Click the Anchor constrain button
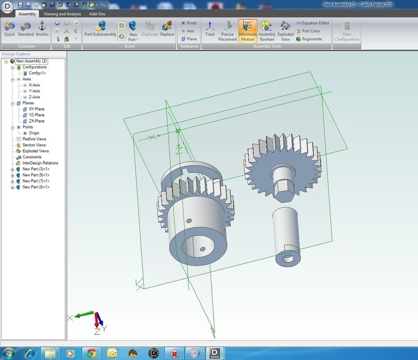point(42,29)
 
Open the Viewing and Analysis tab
point(62,14)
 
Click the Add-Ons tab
point(97,14)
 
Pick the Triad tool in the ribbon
point(210,29)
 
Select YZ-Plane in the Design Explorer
point(36,115)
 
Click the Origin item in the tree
point(34,133)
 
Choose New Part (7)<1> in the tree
point(36,181)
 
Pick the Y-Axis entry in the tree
point(34,91)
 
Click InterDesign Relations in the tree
point(40,163)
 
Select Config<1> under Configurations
point(38,73)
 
